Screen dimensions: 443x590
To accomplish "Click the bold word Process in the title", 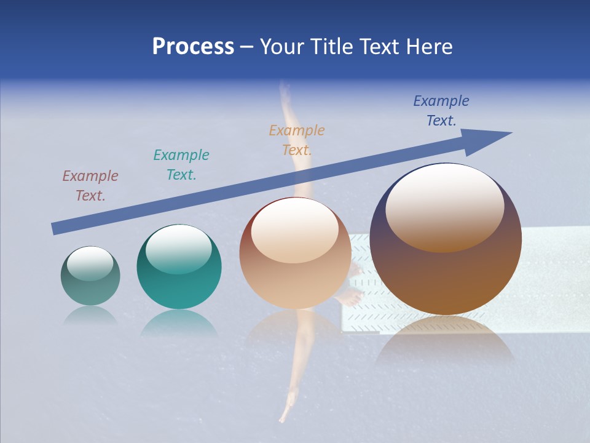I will coord(193,47).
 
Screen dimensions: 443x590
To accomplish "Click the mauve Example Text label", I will coord(90,186).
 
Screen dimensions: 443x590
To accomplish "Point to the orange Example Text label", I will coord(297,140).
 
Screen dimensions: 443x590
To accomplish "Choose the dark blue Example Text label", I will coord(441,111).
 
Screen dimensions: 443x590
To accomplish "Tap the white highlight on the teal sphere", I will coord(179,247).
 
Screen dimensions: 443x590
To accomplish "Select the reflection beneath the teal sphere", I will coord(179,323).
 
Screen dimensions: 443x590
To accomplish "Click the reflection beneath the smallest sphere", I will coord(90,316).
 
